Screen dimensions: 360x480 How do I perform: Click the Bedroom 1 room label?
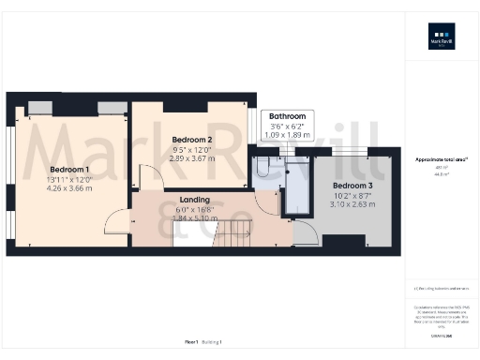pos(68,170)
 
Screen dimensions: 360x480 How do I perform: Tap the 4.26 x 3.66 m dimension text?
pos(68,187)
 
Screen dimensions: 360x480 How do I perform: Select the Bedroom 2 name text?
pos(192,140)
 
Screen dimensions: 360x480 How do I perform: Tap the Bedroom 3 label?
pos(352,186)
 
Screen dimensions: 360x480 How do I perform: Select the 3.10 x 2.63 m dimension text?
pos(352,202)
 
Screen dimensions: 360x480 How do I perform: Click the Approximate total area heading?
pos(441,159)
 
